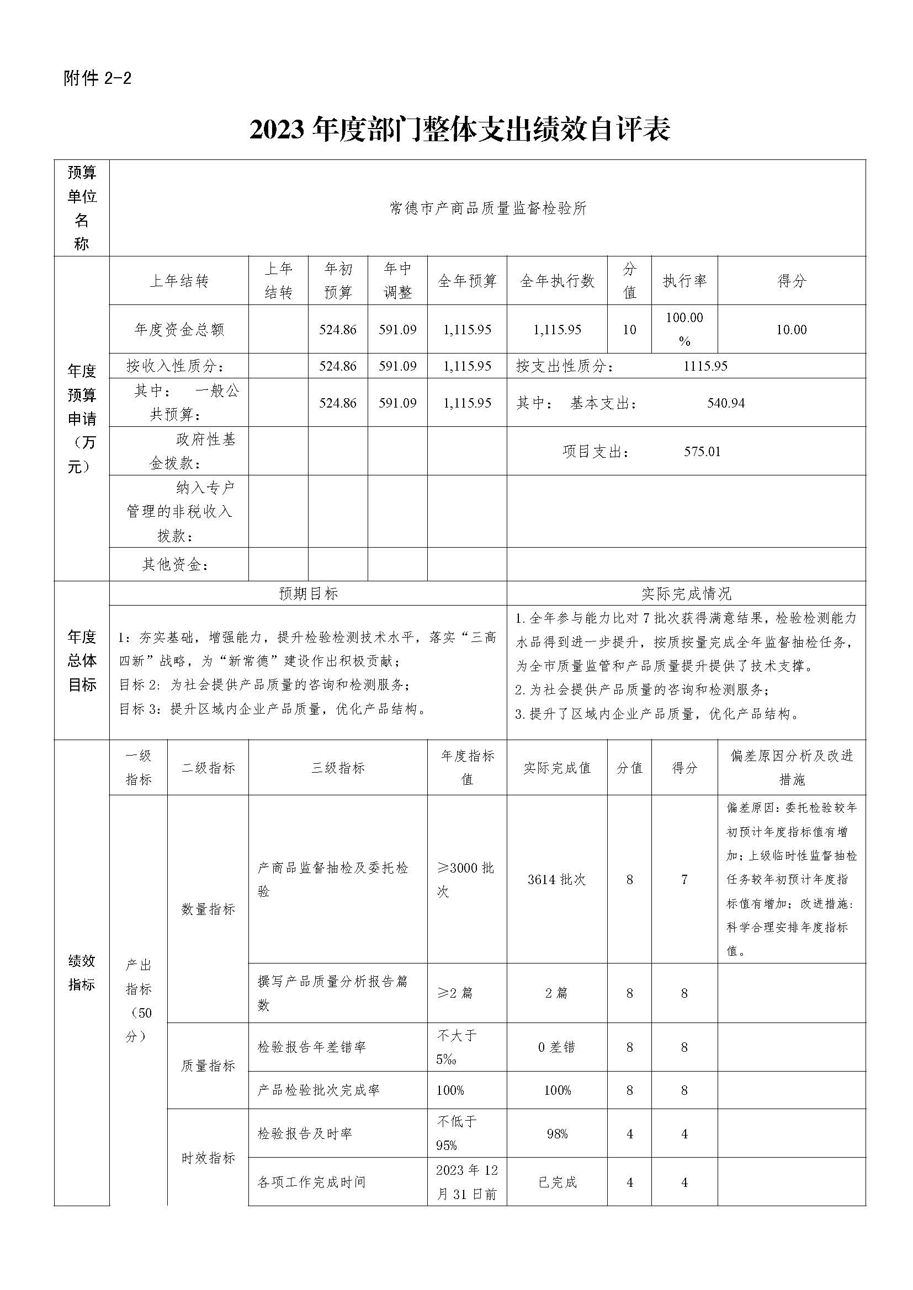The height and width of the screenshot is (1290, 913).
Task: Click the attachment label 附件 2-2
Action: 98,78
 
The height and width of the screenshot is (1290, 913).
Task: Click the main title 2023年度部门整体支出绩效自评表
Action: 459,130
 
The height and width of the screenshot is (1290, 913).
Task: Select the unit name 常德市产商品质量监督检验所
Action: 487,208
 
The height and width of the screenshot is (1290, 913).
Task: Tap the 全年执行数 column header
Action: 556,281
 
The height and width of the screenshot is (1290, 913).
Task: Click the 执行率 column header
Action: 684,281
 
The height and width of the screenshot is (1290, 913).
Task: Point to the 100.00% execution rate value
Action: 684,329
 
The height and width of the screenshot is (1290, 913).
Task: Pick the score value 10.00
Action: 791,329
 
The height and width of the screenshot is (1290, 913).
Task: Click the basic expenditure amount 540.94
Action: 726,403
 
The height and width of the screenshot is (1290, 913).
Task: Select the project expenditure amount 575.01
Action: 702,451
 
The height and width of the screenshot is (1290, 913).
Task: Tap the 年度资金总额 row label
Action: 179,329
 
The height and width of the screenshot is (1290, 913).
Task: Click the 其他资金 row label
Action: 176,564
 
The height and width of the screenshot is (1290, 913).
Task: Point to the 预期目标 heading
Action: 308,593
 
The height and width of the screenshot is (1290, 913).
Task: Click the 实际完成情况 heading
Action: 686,593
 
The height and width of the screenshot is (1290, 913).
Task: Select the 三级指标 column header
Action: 338,768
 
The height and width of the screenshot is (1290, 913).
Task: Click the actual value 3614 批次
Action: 556,879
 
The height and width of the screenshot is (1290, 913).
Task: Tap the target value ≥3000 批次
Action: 465,879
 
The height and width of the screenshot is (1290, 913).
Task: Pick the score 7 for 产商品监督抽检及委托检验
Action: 684,879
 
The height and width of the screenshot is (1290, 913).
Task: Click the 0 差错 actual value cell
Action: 556,1047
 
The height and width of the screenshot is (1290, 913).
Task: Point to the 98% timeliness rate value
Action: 556,1134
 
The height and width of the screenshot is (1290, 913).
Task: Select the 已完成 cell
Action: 556,1182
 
